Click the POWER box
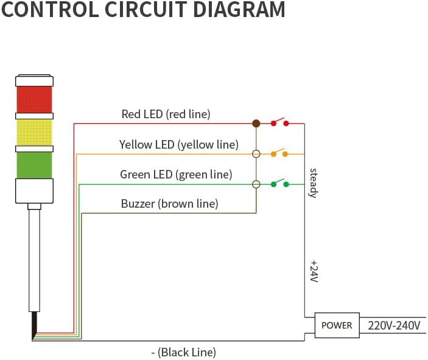337,325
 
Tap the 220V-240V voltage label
394,326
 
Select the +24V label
314,272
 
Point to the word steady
314,183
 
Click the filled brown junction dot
256,124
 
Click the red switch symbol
279,122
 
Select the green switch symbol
280,183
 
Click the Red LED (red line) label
166,114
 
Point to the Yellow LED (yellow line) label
179,144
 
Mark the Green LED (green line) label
176,175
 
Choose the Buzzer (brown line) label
169,204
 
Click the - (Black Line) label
184,352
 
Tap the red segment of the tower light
34,99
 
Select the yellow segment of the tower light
34,132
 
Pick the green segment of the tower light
34,165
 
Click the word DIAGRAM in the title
239,10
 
